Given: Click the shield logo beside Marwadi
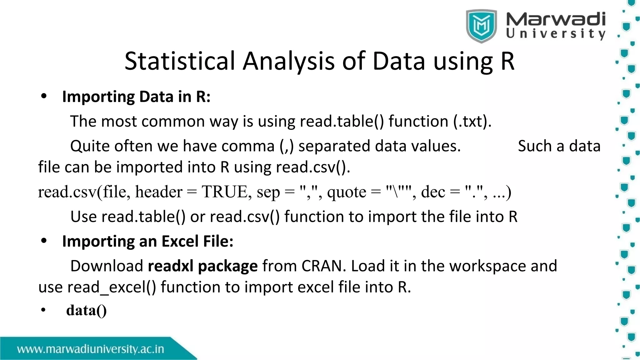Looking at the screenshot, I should [x=481, y=26].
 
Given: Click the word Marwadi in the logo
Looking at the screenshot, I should [x=555, y=19].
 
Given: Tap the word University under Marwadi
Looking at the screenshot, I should [x=555, y=34].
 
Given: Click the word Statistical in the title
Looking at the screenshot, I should [x=179, y=61].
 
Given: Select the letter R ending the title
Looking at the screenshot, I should [x=507, y=61].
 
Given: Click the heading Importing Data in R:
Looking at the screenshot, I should [x=136, y=97].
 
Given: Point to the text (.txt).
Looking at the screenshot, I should [x=472, y=121].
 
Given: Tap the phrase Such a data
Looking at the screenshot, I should [x=559, y=146].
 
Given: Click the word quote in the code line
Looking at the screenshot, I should [x=347, y=192].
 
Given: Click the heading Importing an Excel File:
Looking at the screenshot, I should [x=147, y=242].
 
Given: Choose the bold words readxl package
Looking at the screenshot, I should [x=202, y=266].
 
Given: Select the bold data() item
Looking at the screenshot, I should [x=86, y=310].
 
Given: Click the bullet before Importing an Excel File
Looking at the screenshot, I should [x=44, y=241].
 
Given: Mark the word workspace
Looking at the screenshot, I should [x=487, y=266].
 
